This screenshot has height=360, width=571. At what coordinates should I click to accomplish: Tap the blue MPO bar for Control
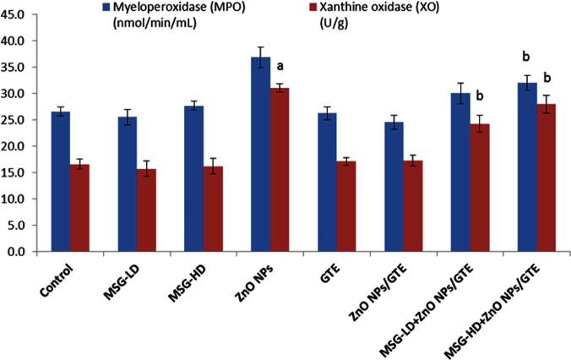pos(61,182)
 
